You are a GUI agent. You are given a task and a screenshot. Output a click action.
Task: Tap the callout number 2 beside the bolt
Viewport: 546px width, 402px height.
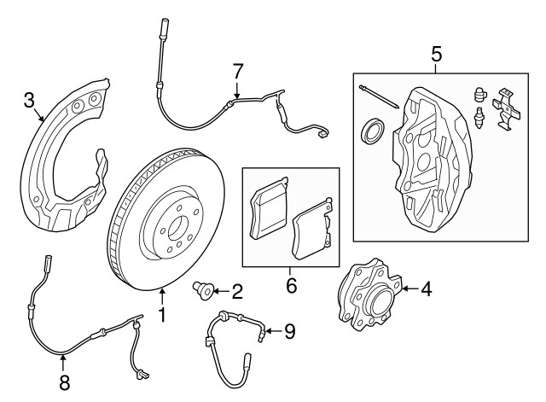click(x=236, y=292)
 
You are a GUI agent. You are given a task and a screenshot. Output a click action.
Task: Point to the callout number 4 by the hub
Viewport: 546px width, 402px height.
click(x=425, y=289)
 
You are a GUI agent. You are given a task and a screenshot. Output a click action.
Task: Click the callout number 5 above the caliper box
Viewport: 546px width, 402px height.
click(x=436, y=55)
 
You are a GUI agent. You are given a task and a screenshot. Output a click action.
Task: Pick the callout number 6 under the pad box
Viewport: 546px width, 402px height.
click(x=290, y=285)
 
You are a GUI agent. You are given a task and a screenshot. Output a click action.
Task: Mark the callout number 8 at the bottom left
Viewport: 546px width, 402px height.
click(x=64, y=382)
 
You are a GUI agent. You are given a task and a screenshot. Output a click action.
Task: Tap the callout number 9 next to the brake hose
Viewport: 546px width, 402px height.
click(x=289, y=330)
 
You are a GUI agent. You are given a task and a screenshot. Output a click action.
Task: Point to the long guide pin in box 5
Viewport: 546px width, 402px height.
click(x=380, y=97)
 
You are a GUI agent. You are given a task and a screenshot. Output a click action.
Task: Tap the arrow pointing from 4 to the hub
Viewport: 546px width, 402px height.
click(x=408, y=289)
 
